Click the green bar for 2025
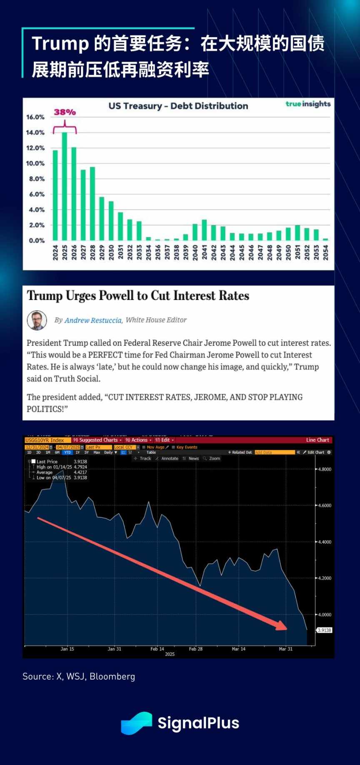tap(65, 186)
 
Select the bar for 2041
tap(204, 230)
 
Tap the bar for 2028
tap(92, 204)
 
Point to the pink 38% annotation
tap(65, 112)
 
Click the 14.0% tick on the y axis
tap(35, 132)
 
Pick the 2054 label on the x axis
tap(325, 252)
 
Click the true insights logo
tap(308, 104)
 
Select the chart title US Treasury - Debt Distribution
tap(178, 106)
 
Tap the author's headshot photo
tap(37, 320)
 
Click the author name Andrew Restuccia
tap(93, 320)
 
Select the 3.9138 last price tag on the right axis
tap(324, 630)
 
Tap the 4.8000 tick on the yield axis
tap(324, 469)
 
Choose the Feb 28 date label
tap(195, 649)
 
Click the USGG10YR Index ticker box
tap(45, 440)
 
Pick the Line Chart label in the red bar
tap(317, 440)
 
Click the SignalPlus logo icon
tap(136, 723)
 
